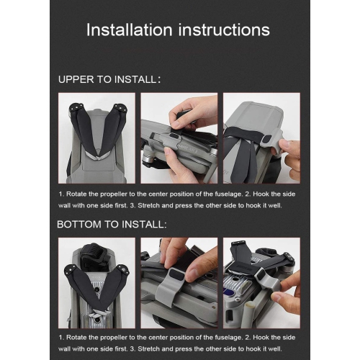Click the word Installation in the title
click(130, 30)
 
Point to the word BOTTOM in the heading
click(79, 225)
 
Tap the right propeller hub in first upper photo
click(120, 108)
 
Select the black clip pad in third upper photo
click(267, 139)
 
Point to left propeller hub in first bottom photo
click(71, 270)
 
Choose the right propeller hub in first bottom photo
click(122, 270)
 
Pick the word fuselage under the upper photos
click(228, 194)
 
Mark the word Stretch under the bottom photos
click(148, 348)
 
